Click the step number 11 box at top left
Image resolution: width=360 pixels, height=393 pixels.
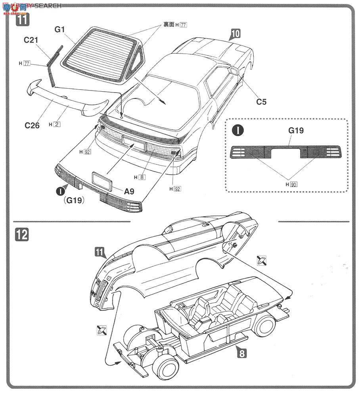(22, 19)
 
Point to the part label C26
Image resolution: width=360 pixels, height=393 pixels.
(32, 125)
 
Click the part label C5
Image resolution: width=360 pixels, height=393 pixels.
(261, 102)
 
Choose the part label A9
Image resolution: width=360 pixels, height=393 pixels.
(129, 191)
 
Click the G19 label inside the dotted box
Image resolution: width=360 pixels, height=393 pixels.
(296, 130)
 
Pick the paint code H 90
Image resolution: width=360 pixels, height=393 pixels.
(291, 184)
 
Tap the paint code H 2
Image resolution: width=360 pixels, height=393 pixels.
(55, 124)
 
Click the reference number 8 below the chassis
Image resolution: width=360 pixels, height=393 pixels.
(242, 353)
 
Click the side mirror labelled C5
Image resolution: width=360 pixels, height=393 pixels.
(234, 71)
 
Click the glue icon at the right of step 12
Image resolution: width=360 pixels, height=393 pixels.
(261, 260)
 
